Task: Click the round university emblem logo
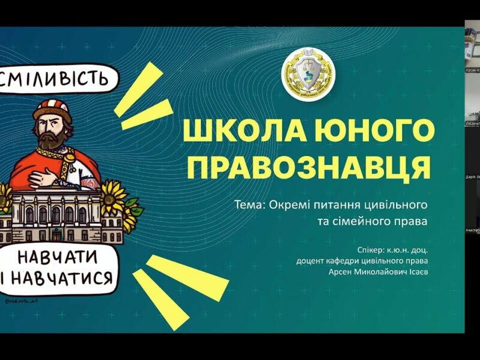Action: pyautogui.click(x=309, y=75)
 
